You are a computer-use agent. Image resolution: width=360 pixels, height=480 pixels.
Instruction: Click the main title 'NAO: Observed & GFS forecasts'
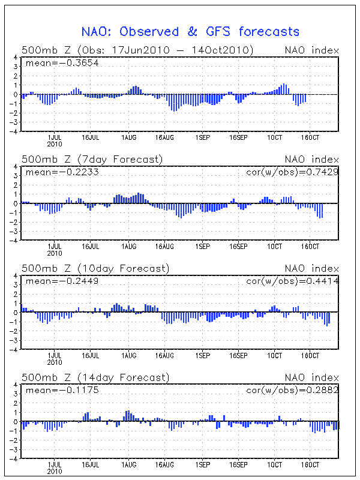click(x=190, y=32)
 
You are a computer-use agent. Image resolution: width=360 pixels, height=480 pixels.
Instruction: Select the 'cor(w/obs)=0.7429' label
click(x=292, y=172)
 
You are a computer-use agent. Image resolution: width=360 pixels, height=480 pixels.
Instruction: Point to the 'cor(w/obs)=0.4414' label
click(x=292, y=281)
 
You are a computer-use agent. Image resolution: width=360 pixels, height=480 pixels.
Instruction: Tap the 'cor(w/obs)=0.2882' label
click(x=292, y=390)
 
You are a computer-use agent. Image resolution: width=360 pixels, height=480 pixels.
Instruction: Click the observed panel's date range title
click(x=137, y=50)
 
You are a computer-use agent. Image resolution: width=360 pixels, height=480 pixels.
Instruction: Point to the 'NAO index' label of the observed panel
click(x=311, y=50)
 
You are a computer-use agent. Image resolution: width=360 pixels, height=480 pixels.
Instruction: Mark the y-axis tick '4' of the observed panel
click(x=16, y=58)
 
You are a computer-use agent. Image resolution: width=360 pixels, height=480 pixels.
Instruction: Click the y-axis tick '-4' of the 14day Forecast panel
click(x=13, y=458)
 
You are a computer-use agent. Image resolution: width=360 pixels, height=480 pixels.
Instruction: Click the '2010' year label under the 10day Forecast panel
click(x=54, y=362)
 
